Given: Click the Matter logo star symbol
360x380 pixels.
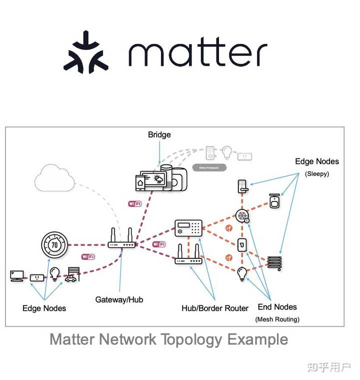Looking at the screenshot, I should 85,52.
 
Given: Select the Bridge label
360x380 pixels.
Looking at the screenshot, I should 159,134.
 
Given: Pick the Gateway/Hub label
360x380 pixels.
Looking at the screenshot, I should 119,299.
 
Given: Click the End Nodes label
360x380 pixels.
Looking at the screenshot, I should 277,307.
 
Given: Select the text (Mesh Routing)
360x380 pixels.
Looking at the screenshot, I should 277,319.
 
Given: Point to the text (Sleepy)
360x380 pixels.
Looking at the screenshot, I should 316,173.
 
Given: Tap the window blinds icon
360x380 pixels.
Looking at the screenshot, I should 274,262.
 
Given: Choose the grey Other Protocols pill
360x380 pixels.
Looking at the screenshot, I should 208,167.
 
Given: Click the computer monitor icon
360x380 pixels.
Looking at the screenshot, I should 17,275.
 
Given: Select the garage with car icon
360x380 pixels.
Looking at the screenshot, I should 72,274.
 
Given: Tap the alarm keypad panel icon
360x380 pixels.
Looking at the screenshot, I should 188,228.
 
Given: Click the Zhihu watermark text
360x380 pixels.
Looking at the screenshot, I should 329,367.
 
